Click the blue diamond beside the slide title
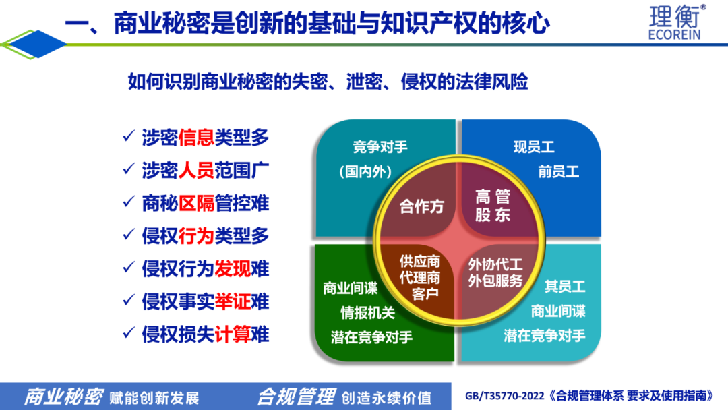point(38,44)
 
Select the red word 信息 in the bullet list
point(196,138)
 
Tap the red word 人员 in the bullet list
point(196,171)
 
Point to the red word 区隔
point(196,204)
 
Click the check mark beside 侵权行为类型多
point(129,235)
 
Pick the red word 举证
point(233,302)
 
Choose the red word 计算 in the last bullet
point(233,334)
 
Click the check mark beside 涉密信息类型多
point(129,136)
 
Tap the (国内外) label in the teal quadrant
point(366,172)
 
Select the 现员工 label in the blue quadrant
point(534,147)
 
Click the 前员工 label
point(559,172)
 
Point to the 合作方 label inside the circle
point(421,206)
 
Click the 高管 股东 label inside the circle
point(493,205)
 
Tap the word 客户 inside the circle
point(425,294)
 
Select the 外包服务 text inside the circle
point(495,281)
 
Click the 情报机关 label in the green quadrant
point(368,313)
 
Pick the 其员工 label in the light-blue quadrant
point(565,287)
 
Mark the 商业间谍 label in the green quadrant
point(351,289)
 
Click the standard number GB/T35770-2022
point(504,396)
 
